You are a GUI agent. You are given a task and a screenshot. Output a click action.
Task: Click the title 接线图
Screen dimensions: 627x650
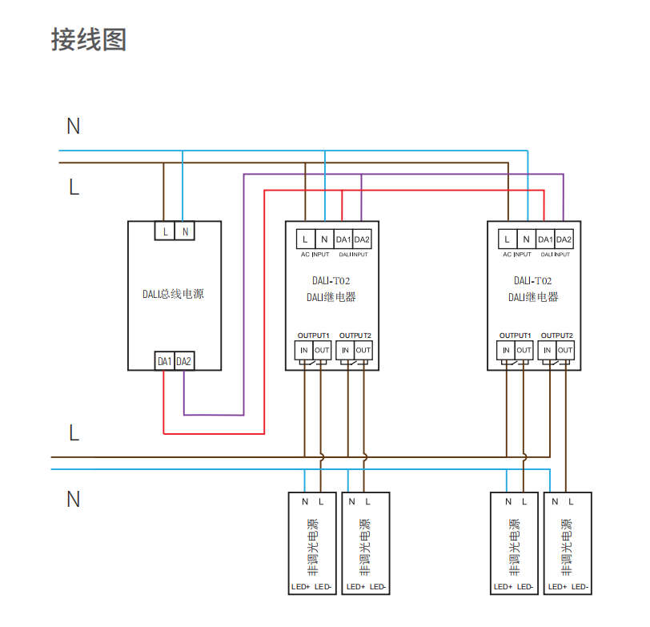click(89, 39)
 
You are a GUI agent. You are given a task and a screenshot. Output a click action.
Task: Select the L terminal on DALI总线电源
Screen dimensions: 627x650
click(165, 231)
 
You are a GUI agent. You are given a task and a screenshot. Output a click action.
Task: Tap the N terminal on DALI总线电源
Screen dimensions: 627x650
click(185, 231)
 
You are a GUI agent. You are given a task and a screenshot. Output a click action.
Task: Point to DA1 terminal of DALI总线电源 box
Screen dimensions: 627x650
click(165, 361)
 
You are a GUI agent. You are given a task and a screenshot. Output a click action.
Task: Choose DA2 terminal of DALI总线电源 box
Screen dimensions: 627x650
click(184, 361)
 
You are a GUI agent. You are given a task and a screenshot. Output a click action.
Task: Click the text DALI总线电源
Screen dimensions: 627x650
click(173, 294)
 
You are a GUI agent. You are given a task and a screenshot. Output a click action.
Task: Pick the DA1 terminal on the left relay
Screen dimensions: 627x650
click(343, 239)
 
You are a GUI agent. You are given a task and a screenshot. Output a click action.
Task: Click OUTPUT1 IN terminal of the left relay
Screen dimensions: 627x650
click(304, 350)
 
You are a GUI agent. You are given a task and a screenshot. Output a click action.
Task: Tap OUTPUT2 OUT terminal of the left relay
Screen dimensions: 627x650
click(363, 350)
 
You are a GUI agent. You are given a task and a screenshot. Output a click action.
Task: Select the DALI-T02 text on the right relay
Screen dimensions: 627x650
click(532, 281)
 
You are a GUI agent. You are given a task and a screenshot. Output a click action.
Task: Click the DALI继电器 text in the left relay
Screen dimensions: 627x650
click(331, 297)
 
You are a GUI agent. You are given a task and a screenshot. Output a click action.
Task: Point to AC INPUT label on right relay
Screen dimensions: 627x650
click(517, 255)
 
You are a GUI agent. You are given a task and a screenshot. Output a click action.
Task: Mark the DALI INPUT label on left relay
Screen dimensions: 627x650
click(353, 255)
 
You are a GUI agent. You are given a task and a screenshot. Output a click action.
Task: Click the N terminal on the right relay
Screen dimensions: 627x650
click(526, 239)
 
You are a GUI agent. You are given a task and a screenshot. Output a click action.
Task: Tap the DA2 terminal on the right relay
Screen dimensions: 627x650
click(564, 239)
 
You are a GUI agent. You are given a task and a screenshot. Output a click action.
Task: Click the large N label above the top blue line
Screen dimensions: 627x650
click(74, 126)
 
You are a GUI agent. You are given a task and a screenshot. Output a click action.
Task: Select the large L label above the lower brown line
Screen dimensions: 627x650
click(74, 433)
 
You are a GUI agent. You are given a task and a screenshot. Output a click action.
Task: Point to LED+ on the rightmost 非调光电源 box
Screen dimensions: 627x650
click(558, 587)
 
